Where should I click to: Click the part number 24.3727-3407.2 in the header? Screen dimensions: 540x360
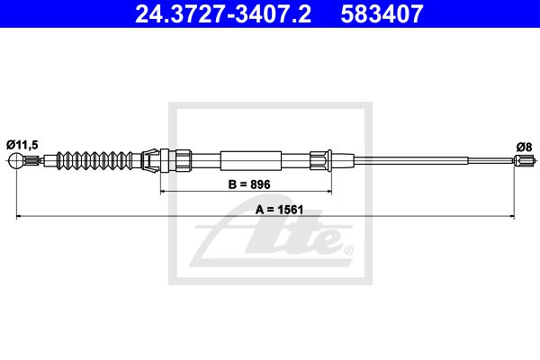tap(223, 13)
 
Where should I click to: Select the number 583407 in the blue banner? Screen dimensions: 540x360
tap(382, 13)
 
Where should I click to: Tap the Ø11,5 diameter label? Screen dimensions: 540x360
tap(22, 145)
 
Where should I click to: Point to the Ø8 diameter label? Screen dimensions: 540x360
tap(524, 147)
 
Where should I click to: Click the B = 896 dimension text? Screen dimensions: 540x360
tap(249, 184)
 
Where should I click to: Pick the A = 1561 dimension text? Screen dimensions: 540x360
tap(279, 210)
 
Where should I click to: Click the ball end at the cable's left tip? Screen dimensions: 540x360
tap(16, 160)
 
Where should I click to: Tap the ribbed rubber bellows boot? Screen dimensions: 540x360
tap(94, 160)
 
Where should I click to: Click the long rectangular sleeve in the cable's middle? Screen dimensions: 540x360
tap(251, 160)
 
